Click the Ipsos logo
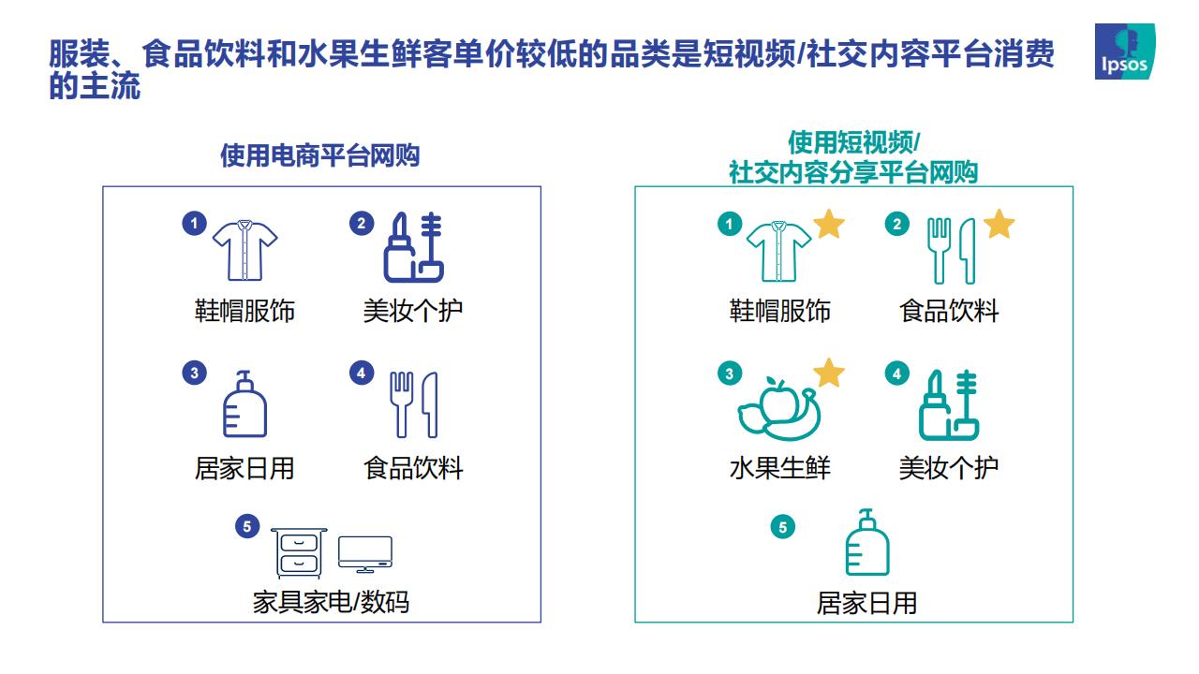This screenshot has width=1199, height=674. (1125, 51)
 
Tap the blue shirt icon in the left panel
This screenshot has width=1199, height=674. (245, 250)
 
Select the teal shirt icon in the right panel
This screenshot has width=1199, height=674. (778, 252)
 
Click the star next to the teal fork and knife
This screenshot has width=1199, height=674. (999, 224)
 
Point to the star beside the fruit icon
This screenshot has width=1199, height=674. (829, 373)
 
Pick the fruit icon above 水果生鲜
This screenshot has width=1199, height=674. (778, 409)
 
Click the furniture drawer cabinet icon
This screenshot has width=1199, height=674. (299, 553)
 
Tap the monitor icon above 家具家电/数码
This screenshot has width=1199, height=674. (365, 554)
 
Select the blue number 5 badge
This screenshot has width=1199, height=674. (247, 526)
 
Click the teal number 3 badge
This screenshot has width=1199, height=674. (730, 374)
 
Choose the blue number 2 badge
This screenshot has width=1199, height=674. (362, 223)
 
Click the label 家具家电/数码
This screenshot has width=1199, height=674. (331, 602)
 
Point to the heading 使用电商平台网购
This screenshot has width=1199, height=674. (320, 155)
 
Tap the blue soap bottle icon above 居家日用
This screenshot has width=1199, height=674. (244, 403)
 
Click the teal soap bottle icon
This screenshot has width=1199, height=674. (867, 542)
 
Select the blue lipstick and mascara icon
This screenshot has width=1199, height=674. (413, 247)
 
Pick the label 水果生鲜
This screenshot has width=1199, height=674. (779, 468)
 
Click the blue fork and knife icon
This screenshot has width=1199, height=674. (414, 404)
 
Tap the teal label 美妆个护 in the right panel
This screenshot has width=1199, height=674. (949, 468)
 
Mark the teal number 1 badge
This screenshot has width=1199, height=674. (730, 224)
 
